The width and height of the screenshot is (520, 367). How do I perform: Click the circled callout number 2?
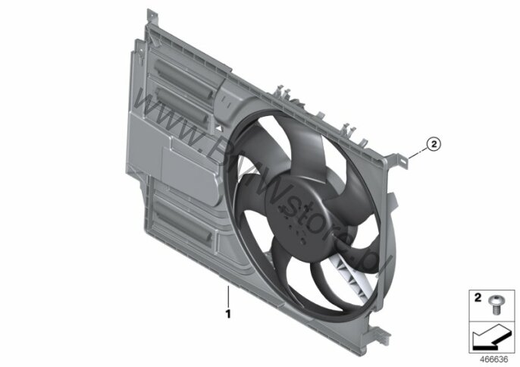pos(434,144)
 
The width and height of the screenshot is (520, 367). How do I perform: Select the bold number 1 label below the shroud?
pos(228,314)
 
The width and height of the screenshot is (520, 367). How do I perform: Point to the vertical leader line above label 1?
pos(228,296)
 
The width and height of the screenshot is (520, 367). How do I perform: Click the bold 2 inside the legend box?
pos(478,298)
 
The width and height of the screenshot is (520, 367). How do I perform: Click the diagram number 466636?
pos(494,359)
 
